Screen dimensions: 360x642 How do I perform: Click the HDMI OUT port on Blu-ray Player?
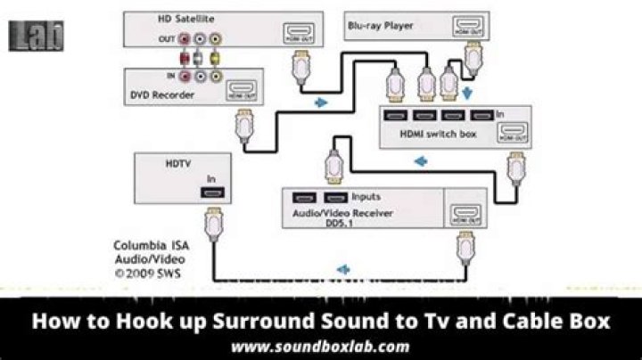pos(465,29)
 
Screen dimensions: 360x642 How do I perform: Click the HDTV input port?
pos(214,192)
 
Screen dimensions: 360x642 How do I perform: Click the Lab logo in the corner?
pos(36,36)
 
